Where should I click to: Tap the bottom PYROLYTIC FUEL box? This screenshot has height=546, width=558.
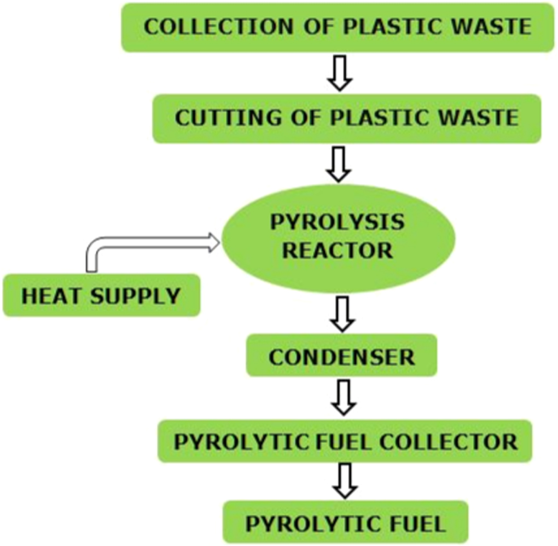click(x=345, y=524)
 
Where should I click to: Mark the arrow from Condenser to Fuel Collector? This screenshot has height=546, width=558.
click(x=344, y=398)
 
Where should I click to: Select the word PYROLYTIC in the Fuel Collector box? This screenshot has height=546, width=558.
click(x=237, y=442)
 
